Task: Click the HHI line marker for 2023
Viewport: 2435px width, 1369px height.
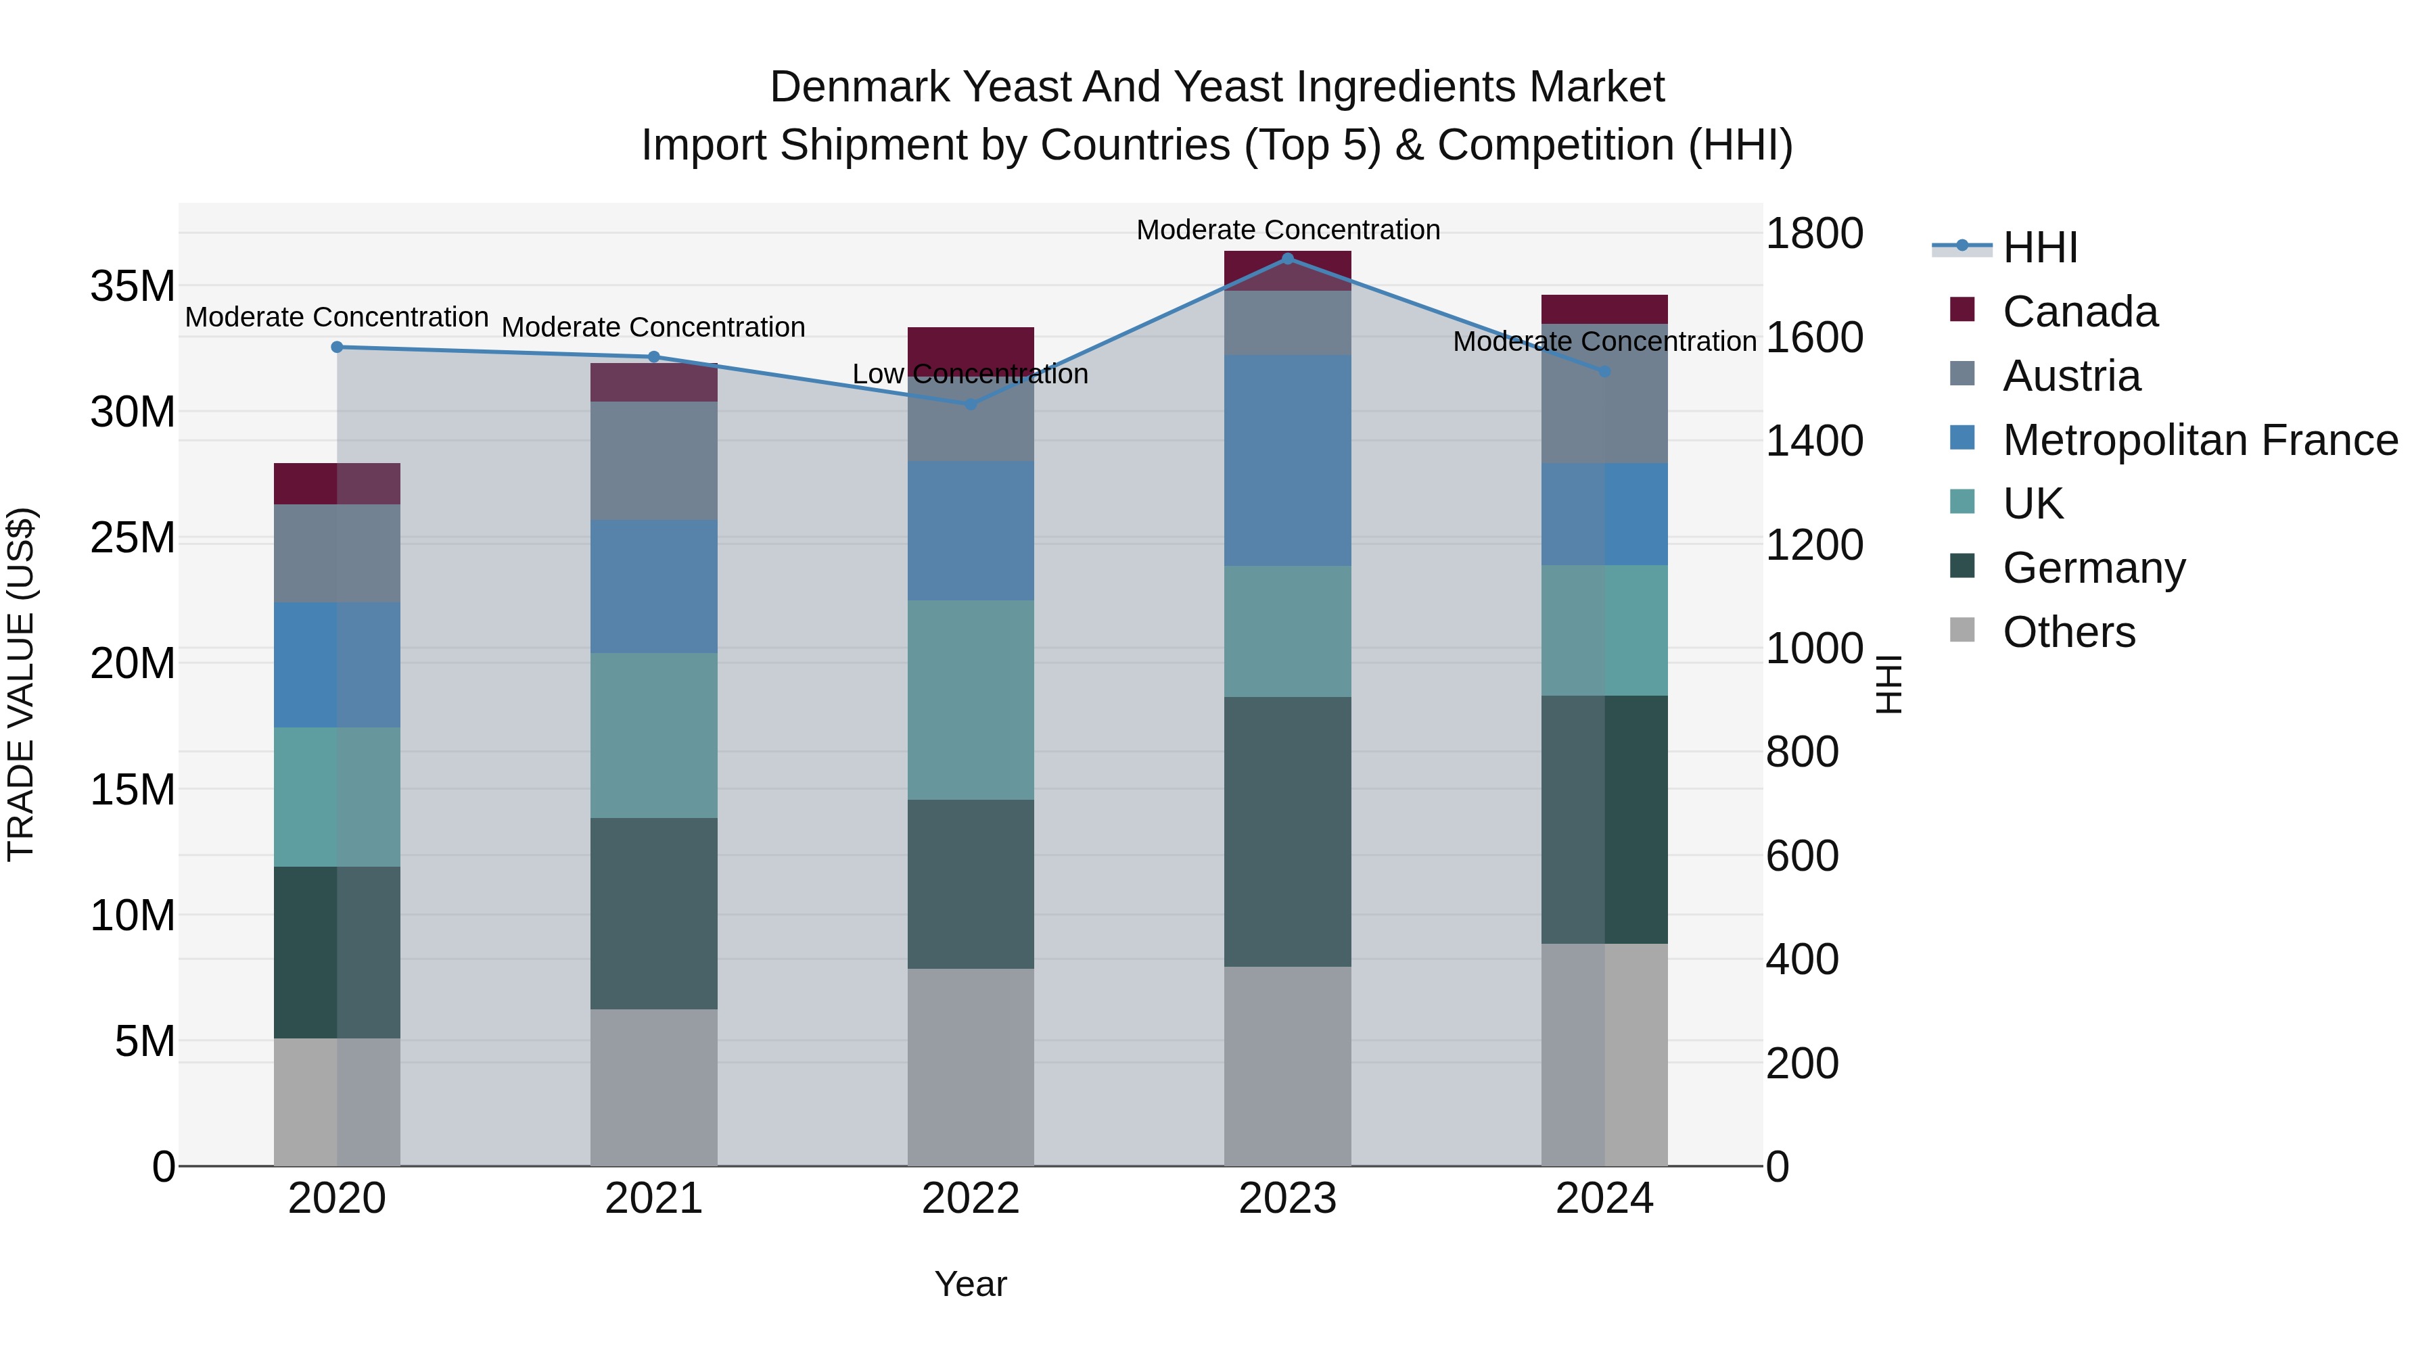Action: (x=1286, y=258)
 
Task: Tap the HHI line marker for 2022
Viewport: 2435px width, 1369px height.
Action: (x=970, y=404)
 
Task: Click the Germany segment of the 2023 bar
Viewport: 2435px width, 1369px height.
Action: (x=1286, y=832)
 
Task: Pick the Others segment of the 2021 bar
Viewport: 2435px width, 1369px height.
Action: (x=653, y=1086)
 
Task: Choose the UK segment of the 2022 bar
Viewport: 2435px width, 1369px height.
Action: (x=970, y=699)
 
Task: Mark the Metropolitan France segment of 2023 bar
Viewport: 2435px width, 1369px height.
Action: (x=1286, y=460)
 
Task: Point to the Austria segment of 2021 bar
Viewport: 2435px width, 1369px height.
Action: (x=653, y=460)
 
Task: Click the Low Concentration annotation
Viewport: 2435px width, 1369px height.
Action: (x=970, y=374)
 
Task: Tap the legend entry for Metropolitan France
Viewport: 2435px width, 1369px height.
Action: (x=2200, y=440)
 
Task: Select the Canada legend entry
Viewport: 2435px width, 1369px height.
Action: (x=2080, y=312)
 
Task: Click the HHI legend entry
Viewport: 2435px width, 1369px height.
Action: (x=2040, y=247)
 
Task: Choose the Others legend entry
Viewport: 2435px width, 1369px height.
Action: (x=2068, y=632)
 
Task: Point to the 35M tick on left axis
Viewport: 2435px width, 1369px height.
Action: (x=133, y=286)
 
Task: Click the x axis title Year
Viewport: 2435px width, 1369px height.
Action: (x=970, y=1284)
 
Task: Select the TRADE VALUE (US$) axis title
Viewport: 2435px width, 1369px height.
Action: (x=21, y=684)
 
